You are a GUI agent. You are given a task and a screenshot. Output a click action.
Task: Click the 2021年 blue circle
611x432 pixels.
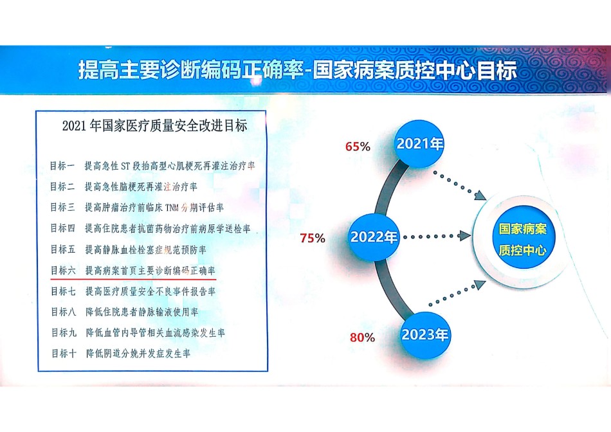[x=419, y=144]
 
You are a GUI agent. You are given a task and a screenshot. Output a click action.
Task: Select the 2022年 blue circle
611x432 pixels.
[x=373, y=237]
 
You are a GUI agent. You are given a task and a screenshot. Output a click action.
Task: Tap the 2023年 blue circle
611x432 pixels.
[x=424, y=335]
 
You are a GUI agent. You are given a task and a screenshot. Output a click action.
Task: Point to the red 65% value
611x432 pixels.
[x=358, y=147]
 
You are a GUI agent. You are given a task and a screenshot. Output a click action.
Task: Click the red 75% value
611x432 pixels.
[x=313, y=238]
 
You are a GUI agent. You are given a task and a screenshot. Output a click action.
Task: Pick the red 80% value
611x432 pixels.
[x=362, y=337]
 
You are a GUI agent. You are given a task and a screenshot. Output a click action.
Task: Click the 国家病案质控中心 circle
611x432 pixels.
[x=522, y=239]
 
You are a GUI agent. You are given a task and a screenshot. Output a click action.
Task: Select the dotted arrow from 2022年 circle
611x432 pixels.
[x=437, y=236]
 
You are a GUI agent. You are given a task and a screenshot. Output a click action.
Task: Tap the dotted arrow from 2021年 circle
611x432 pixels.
[x=460, y=186]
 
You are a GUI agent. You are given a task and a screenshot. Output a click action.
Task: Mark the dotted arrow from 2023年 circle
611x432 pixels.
[x=457, y=293]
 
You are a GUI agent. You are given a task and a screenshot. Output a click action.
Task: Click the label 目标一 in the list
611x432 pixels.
[x=62, y=166]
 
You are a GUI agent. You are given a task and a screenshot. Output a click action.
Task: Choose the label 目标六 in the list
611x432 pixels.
[x=63, y=271]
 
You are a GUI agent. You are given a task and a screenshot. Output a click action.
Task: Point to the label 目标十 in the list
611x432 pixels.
[x=64, y=354]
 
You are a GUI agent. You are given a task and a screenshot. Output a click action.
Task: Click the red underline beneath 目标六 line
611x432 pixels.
[x=133, y=279]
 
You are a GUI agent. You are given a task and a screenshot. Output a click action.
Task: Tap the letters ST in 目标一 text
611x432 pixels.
[x=125, y=166]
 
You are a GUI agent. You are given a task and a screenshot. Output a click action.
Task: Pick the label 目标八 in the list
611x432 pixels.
[x=64, y=312]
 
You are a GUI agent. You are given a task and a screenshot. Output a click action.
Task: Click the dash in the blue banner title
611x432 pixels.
[x=307, y=72]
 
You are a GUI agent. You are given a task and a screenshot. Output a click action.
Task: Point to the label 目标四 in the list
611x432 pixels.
[x=63, y=228]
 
